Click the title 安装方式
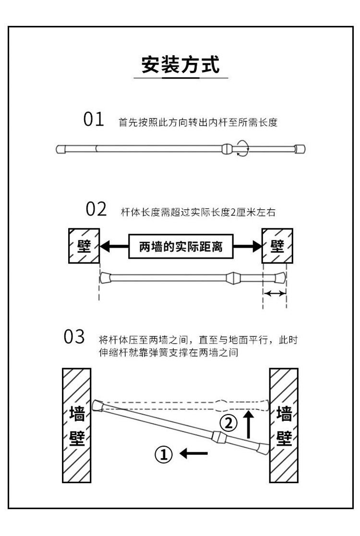(180, 64)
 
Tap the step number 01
(94, 119)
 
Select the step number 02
(96, 209)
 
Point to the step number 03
(74, 337)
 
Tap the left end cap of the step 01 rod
(61, 149)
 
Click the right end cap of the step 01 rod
(300, 149)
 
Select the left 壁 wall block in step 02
(84, 246)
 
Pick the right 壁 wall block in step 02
(277, 246)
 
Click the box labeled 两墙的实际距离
(181, 248)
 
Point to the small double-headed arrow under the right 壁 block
(275, 293)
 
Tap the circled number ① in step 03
(163, 453)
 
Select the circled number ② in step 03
(228, 423)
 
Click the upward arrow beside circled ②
(248, 423)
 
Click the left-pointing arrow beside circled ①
(193, 453)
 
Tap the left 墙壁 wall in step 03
(77, 426)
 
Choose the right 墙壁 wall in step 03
(284, 426)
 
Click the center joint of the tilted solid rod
(218, 437)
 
